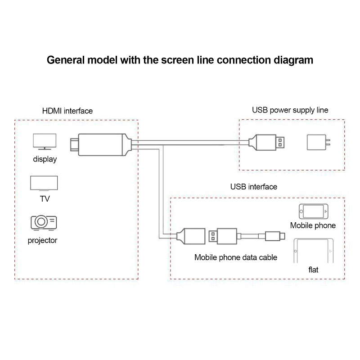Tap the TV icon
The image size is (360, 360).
pos(44,184)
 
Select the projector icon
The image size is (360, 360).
pos(43,222)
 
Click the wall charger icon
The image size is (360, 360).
pos(318,143)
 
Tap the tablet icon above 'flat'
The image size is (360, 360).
pos(314,251)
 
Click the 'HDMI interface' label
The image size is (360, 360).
pos(67,111)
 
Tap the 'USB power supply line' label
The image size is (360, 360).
pos(290,110)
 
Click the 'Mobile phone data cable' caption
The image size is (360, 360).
pos(235,257)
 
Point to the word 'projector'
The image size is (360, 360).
pos(43,240)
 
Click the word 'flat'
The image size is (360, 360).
pos(313,270)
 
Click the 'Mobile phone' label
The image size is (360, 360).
pos(313,225)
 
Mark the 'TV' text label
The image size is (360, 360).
pos(44,198)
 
